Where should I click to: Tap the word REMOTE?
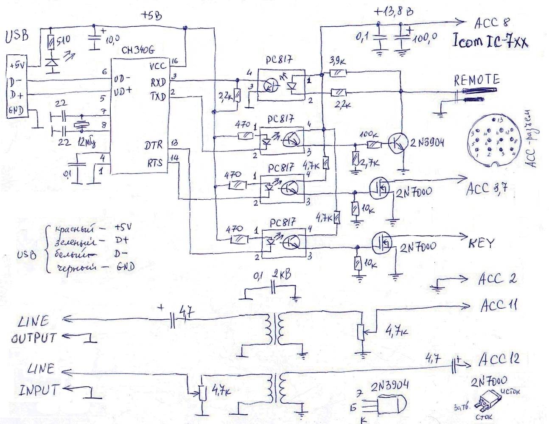(476, 80)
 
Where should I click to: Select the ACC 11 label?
(499, 306)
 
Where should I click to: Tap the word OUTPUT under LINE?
(34, 338)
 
